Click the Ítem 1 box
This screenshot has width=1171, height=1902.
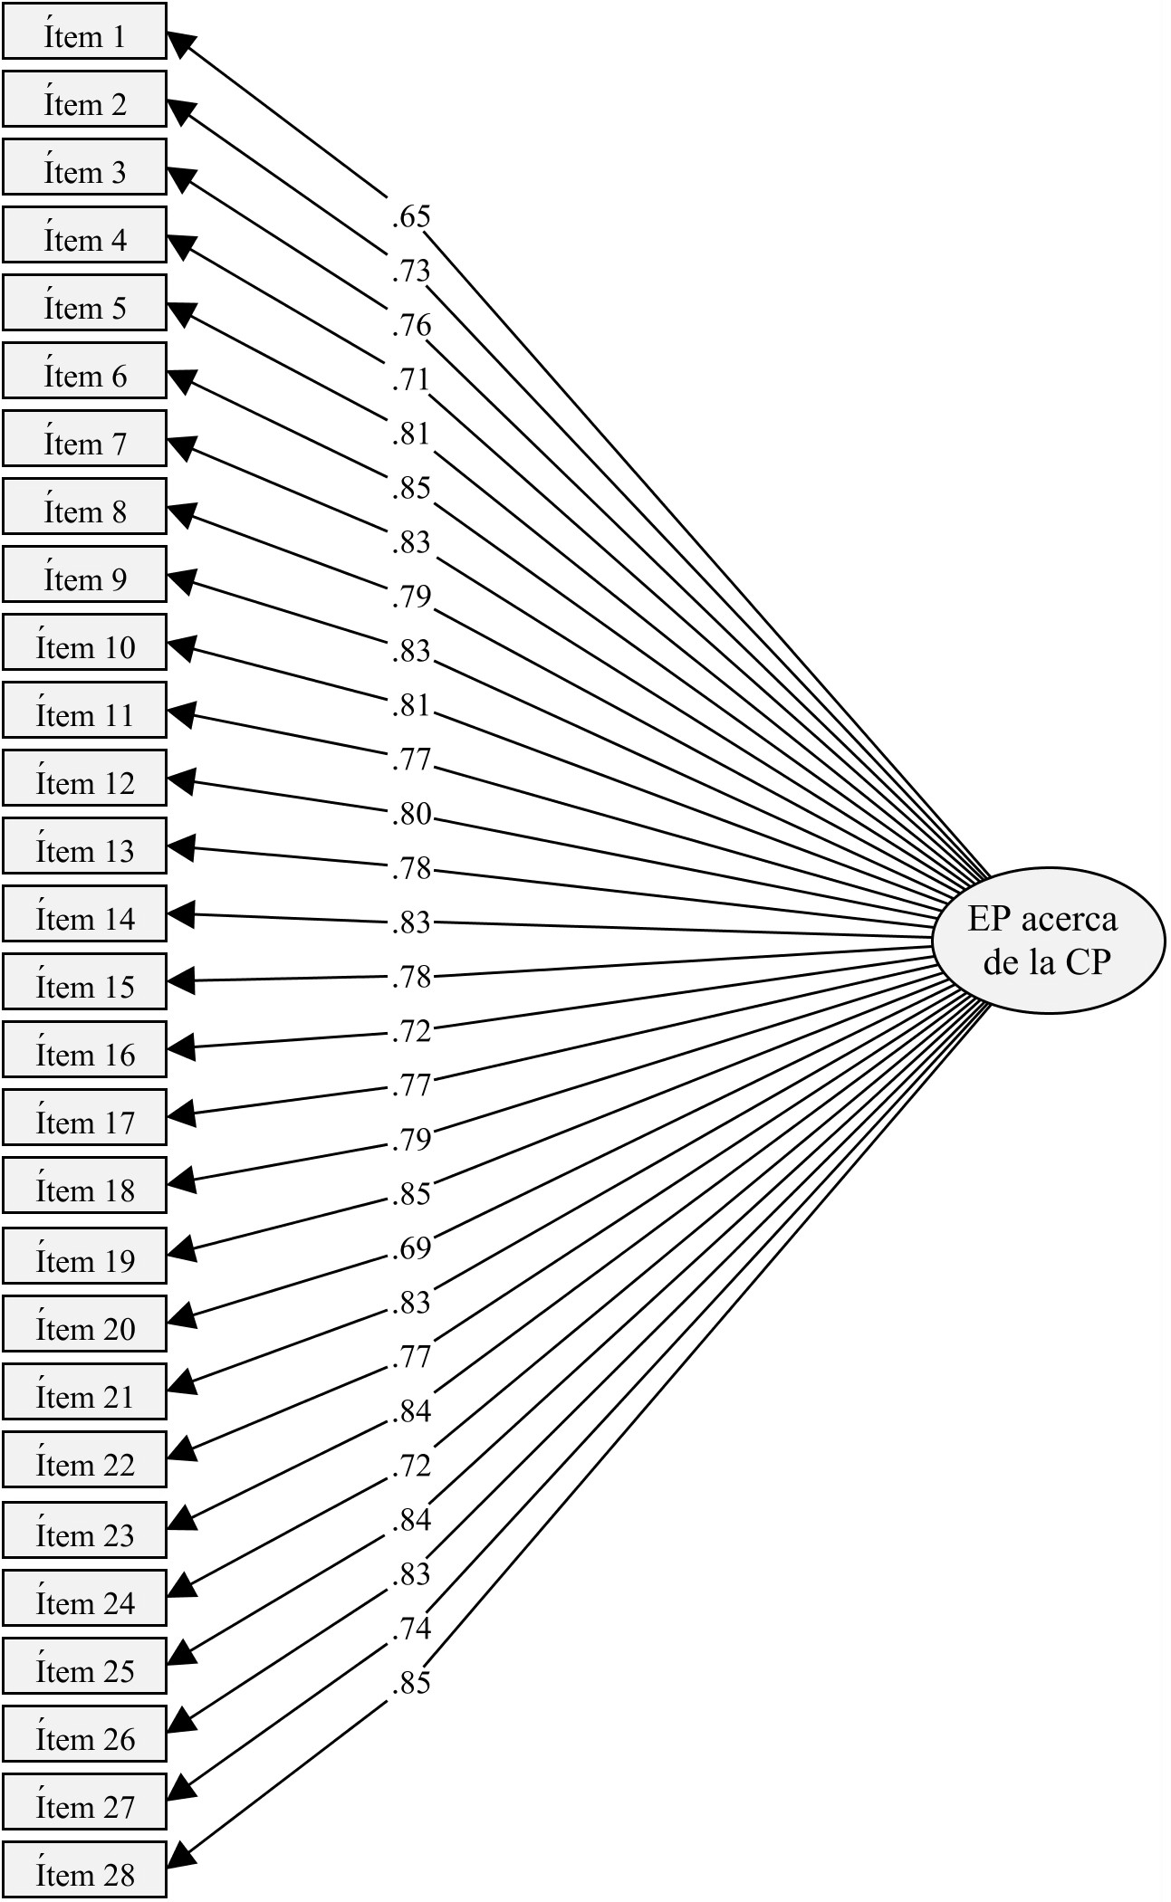click(x=84, y=31)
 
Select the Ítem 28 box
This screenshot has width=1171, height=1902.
click(x=84, y=1869)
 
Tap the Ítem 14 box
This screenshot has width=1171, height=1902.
click(x=84, y=913)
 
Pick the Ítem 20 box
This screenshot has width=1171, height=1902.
click(x=84, y=1324)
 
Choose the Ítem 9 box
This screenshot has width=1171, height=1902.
click(x=84, y=574)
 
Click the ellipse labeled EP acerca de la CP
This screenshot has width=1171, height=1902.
click(x=1048, y=941)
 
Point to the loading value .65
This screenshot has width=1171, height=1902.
click(x=411, y=217)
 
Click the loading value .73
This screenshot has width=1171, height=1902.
click(x=411, y=272)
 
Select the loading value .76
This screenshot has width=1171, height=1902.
click(x=411, y=326)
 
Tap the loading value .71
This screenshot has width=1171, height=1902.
click(x=411, y=380)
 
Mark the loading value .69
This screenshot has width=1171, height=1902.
click(x=411, y=1249)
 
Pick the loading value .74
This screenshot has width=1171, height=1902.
click(x=411, y=1630)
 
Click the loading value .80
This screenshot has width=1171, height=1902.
click(x=411, y=815)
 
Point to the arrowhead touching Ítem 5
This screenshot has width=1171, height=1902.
click(x=182, y=314)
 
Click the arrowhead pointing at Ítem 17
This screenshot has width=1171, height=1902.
click(x=182, y=1115)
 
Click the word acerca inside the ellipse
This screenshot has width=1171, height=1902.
click(x=1069, y=920)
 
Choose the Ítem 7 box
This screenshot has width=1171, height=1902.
click(x=84, y=438)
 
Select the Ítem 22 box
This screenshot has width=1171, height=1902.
click(x=84, y=1459)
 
